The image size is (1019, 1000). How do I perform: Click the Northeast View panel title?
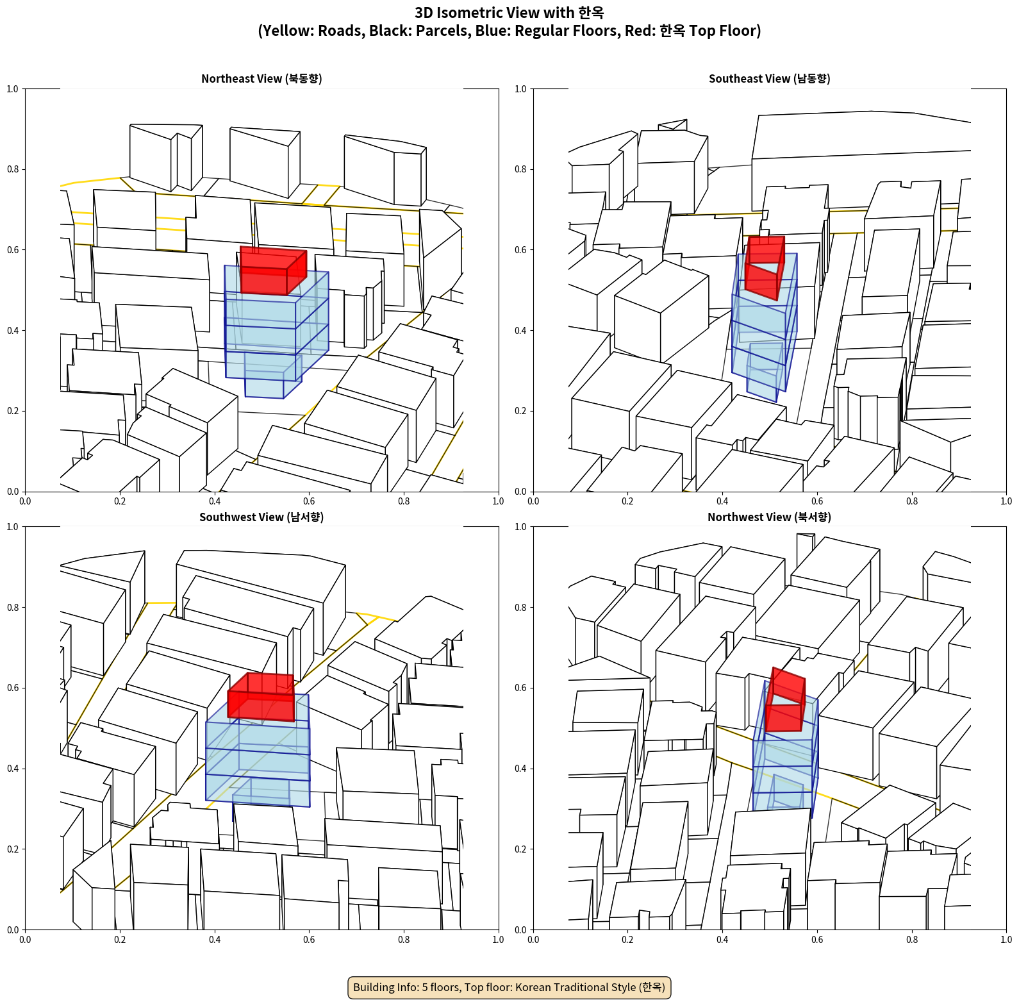[x=261, y=78]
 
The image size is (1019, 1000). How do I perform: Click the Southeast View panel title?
[x=769, y=78]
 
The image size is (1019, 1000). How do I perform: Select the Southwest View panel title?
[x=261, y=517]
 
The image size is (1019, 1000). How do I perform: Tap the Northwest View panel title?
[x=769, y=517]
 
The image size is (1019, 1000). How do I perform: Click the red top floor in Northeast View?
[x=272, y=271]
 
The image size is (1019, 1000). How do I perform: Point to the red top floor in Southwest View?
[x=261, y=697]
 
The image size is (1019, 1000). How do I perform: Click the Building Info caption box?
[x=509, y=987]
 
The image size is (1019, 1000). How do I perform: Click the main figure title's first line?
[x=509, y=13]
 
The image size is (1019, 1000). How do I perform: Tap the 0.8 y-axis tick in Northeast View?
[x=13, y=169]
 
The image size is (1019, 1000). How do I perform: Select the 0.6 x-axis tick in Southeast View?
[x=817, y=501]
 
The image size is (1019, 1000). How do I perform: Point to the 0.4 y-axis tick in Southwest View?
[x=13, y=769]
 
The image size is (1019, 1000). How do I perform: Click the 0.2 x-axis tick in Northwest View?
[x=627, y=940]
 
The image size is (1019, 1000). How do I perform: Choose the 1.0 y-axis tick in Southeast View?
[x=520, y=89]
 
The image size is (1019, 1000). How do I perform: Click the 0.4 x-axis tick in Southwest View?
[x=215, y=940]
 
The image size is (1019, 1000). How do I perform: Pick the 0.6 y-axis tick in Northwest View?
[x=520, y=688]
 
